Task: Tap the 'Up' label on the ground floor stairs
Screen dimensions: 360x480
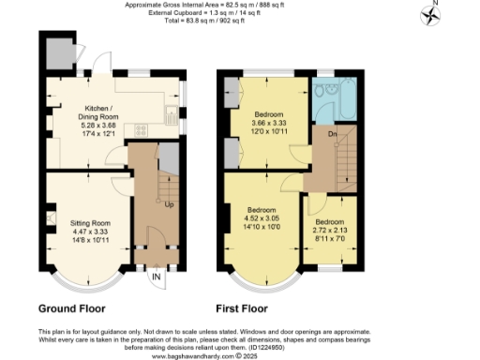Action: pyautogui.click(x=168, y=203)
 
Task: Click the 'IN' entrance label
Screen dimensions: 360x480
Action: pyautogui.click(x=155, y=277)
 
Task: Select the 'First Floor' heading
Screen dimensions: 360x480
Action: pyautogui.click(x=242, y=307)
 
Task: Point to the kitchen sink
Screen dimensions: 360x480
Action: pyautogui.click(x=172, y=117)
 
